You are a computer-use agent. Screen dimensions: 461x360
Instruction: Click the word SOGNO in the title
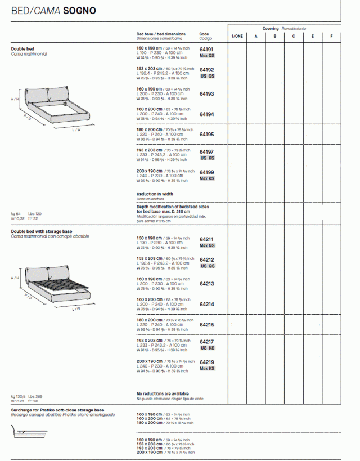pos(79,11)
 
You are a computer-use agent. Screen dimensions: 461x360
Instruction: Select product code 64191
pos(207,50)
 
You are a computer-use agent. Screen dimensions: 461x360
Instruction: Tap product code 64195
pos(207,135)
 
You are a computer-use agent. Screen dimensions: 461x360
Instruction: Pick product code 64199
pos(207,172)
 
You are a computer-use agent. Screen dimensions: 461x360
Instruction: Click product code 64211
pos(207,239)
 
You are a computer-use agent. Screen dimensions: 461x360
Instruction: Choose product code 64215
pos(207,324)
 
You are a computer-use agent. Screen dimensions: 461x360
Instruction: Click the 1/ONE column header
pos(237,36)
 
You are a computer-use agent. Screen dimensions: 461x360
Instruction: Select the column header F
pos(331,36)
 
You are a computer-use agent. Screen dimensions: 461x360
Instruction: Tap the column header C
pos(293,36)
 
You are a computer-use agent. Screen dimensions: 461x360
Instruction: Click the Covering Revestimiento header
pos(284,28)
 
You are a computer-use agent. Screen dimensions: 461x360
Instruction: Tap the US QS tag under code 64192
pos(207,76)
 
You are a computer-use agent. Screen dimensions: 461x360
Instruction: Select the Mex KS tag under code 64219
pos(207,368)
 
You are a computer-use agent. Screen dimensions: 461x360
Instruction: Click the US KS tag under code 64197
pos(207,158)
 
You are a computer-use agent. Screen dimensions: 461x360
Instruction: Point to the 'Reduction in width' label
pos(155,194)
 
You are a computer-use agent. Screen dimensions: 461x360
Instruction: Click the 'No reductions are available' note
pos(163,393)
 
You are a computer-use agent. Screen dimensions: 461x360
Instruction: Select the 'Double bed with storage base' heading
pos(42,231)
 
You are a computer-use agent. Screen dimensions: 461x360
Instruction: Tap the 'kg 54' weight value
pos(16,214)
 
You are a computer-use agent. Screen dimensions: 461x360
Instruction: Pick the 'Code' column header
pos(204,34)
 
